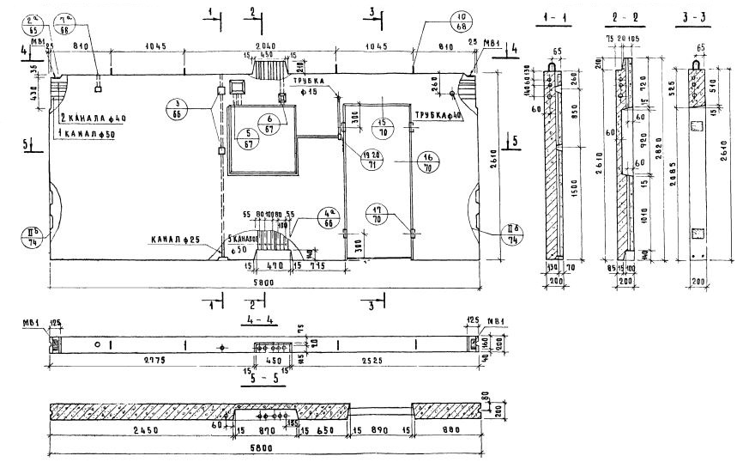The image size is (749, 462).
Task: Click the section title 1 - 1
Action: tap(555, 18)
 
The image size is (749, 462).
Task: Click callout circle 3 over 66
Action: tap(179, 107)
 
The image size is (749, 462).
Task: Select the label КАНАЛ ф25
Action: tap(177, 239)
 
